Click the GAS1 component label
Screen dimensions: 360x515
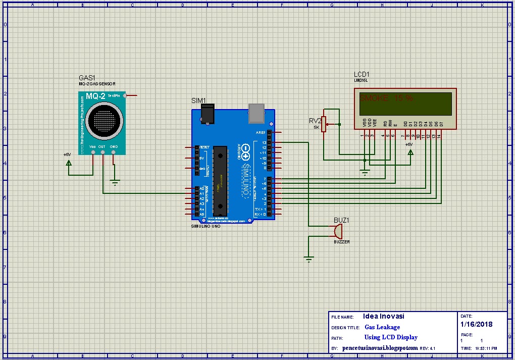[87, 78]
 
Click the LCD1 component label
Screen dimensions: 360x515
[362, 74]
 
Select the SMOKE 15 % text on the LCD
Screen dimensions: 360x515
[386, 98]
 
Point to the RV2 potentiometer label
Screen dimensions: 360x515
[315, 120]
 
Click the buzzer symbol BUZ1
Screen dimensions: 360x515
[337, 231]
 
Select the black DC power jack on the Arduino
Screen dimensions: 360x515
[207, 113]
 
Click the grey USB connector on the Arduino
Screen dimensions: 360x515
[257, 113]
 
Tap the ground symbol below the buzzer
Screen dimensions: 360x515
[308, 260]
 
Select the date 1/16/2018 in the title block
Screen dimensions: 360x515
[476, 324]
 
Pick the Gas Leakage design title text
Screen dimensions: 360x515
[382, 327]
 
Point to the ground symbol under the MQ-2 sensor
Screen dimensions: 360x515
[116, 183]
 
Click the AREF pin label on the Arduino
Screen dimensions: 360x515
[261, 132]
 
